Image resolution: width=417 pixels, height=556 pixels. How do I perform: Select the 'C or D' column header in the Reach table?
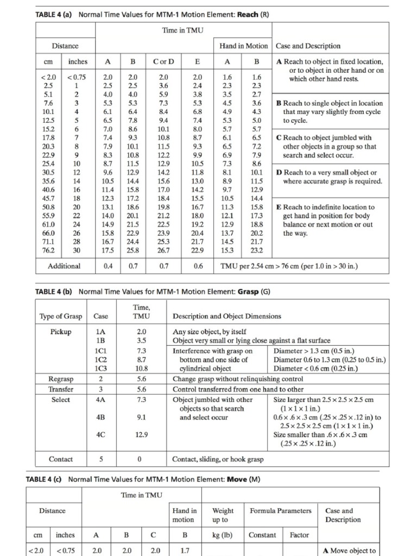coord(163,62)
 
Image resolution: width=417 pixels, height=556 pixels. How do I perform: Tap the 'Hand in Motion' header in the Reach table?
coord(244,46)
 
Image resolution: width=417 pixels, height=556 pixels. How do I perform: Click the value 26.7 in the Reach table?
coord(163,250)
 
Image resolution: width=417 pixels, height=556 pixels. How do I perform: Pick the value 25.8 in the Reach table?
coord(133,250)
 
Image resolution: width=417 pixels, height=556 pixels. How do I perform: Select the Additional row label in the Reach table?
coord(64,266)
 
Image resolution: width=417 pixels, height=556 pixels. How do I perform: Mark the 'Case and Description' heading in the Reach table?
coord(308,46)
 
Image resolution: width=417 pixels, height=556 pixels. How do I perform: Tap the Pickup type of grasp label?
coord(61,332)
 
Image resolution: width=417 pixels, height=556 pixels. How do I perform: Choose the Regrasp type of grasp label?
coord(61,379)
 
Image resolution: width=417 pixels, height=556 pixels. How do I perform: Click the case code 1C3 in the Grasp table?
coord(101,368)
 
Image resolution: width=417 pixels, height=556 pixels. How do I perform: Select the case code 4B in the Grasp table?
coord(101,418)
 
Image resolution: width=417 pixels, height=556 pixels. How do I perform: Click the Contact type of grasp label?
coord(61,459)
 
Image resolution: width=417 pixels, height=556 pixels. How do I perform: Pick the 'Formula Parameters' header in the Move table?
coord(281,511)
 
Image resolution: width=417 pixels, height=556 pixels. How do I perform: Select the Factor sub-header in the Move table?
coord(299,535)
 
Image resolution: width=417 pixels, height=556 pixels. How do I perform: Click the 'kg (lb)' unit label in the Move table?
coord(223,535)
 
